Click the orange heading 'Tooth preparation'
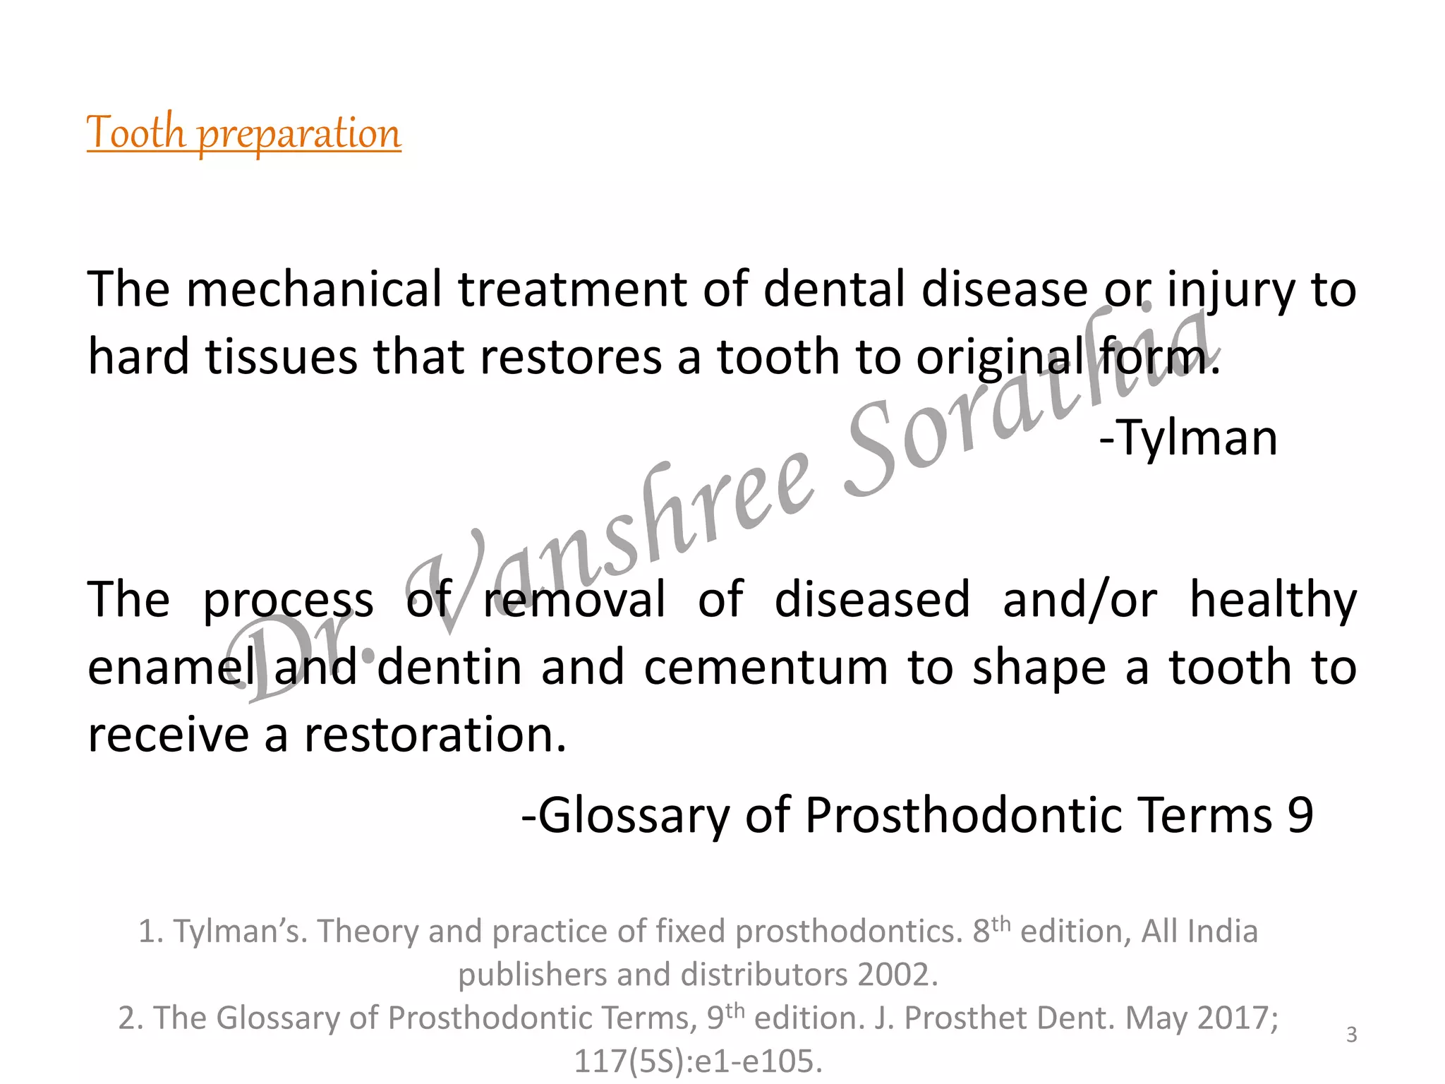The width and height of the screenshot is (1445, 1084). coord(243,133)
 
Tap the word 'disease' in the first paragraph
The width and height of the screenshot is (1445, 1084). coord(1005,289)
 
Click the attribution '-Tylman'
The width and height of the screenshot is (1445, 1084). coord(1188,438)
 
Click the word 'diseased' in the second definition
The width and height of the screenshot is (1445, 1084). coord(872,600)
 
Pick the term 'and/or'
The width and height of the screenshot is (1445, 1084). coord(1080,600)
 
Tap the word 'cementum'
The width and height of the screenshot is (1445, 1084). coord(766,668)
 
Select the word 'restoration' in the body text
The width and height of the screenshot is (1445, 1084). coord(435,734)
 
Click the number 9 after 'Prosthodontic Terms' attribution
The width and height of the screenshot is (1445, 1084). coord(1300,816)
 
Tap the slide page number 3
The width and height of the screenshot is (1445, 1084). coord(1351,1035)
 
